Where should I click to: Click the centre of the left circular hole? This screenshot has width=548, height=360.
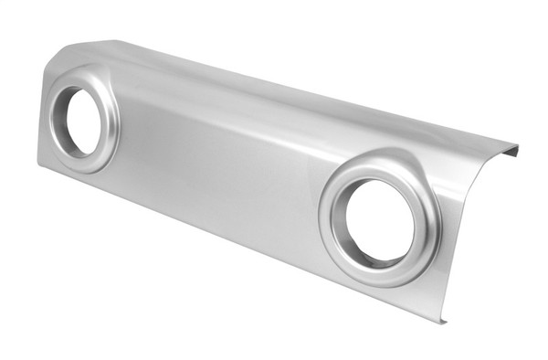coord(82,122)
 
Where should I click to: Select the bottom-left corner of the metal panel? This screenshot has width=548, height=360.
coord(38,164)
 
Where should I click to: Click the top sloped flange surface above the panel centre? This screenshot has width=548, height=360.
coord(274,101)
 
